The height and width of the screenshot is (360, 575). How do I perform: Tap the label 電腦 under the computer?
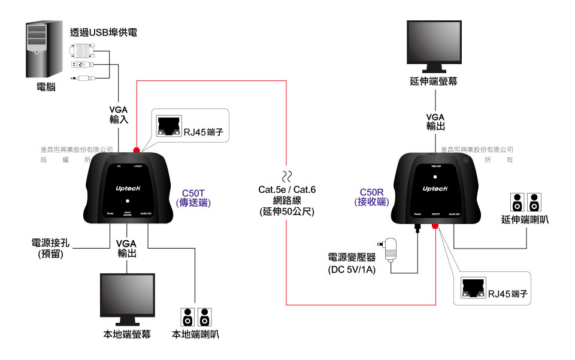(46, 87)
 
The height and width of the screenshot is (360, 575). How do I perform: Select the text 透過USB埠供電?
(103, 32)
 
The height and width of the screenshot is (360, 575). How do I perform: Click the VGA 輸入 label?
(119, 115)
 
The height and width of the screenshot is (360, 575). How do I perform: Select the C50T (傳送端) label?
(194, 198)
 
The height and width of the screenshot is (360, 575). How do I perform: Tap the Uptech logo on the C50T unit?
(128, 187)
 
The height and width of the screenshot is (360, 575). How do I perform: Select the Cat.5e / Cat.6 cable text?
(287, 190)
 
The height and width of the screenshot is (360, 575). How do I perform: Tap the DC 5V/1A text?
(352, 270)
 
